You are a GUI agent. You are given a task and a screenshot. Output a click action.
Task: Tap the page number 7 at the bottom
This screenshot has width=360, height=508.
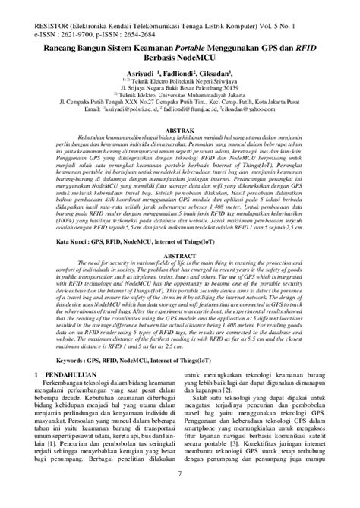[180, 496]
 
